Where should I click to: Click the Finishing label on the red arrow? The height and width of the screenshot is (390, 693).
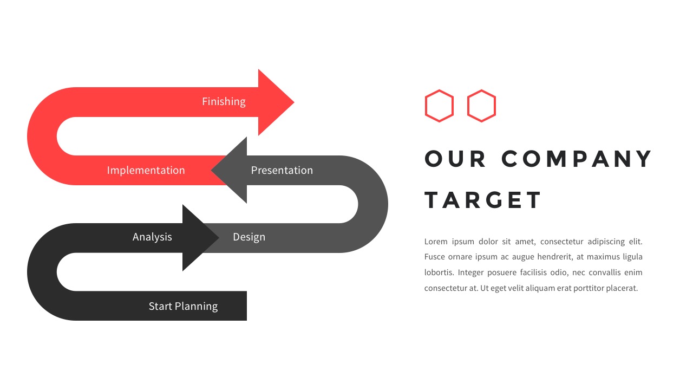coord(224,101)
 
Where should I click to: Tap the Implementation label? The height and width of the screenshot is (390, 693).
coord(146,170)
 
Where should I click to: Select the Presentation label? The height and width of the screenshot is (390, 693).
coord(282,170)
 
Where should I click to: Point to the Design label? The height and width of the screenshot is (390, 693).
coord(249,237)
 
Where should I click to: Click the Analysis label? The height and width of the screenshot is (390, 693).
coord(152,237)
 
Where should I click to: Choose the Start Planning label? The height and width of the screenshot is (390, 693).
coord(183,307)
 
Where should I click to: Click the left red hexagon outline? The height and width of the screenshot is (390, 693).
coord(426,106)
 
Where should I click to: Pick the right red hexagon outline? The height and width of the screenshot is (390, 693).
coord(467,106)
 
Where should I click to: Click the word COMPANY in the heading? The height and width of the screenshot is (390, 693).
coord(577,159)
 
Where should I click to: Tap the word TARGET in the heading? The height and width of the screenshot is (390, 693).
coord(482,200)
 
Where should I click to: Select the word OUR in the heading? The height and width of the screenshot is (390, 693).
coord(455,159)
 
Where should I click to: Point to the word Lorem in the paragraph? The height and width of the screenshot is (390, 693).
coord(436,242)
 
